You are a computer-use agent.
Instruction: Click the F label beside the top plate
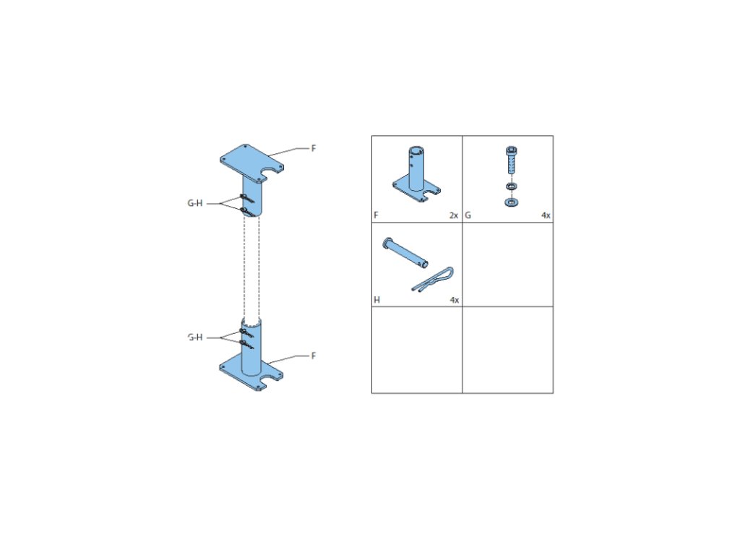click(314, 148)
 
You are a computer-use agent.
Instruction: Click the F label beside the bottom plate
click(314, 356)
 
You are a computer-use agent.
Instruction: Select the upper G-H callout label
click(194, 204)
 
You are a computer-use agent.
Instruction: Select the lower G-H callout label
click(194, 337)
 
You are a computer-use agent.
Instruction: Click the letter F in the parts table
click(376, 215)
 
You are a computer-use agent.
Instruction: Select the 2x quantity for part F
click(454, 215)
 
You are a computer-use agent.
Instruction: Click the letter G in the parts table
click(468, 215)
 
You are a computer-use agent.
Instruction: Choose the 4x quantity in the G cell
click(546, 215)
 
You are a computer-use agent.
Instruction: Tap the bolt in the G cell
click(509, 162)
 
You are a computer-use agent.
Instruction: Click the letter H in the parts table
click(377, 299)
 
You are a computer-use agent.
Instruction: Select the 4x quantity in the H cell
click(454, 299)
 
